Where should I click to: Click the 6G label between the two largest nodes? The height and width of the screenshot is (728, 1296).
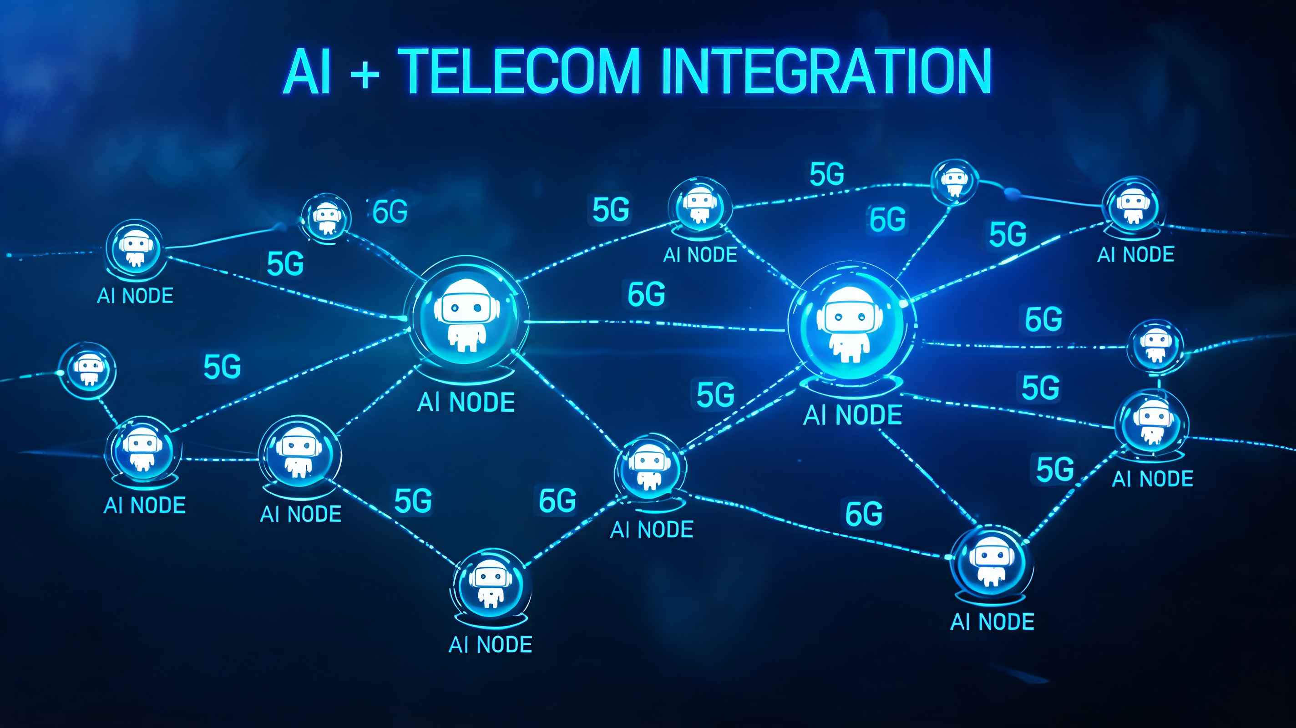(x=647, y=294)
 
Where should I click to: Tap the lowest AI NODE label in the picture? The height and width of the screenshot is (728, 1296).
(x=491, y=644)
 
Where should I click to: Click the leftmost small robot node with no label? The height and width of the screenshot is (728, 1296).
(x=87, y=371)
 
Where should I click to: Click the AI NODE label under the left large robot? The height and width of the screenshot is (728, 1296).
(x=466, y=403)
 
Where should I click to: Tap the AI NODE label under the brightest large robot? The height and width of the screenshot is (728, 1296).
(x=853, y=415)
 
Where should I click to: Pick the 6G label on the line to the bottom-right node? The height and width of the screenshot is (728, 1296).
(x=864, y=514)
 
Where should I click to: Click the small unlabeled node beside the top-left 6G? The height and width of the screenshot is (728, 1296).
(x=326, y=218)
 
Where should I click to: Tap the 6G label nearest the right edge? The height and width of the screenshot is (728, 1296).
(x=1044, y=319)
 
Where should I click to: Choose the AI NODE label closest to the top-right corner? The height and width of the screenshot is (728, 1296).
(x=1135, y=255)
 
